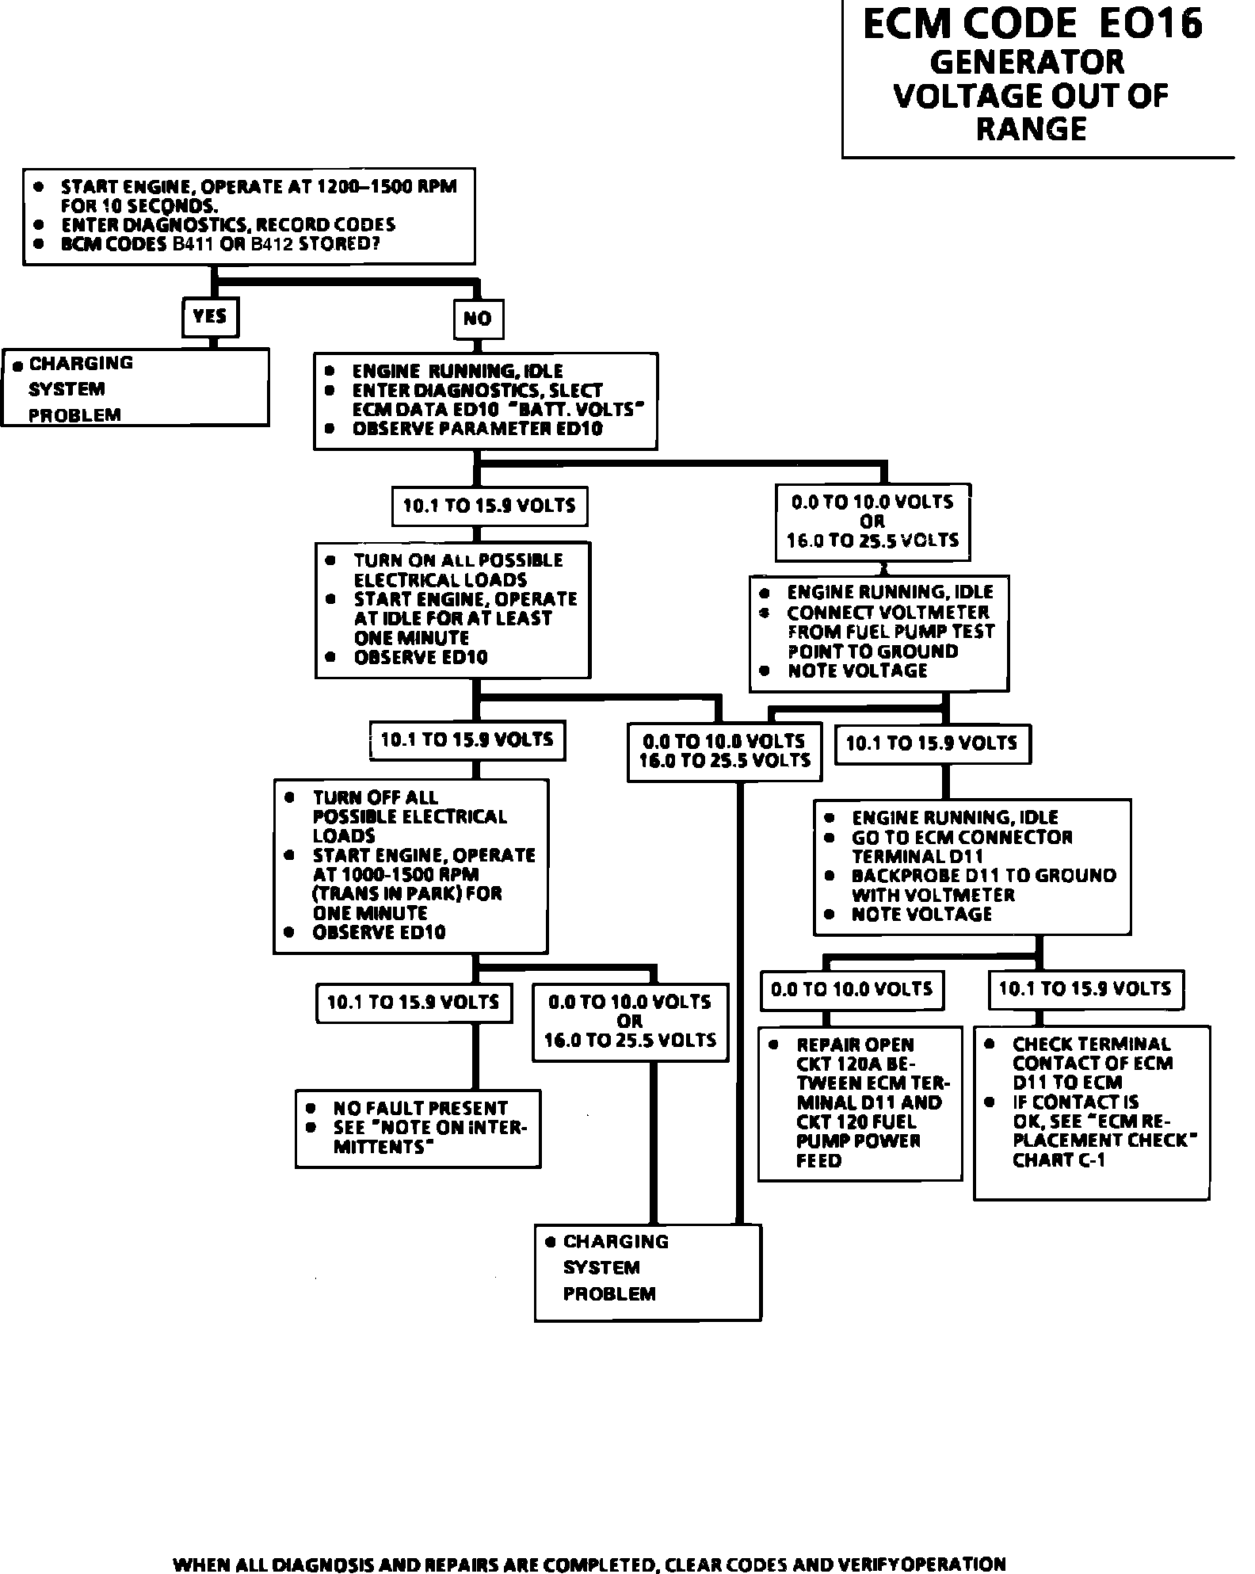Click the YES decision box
[x=210, y=317]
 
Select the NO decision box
[x=478, y=319]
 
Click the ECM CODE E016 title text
[x=1032, y=24]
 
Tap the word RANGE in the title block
[x=1031, y=129]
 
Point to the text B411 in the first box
[x=192, y=243]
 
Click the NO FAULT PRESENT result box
[x=418, y=1129]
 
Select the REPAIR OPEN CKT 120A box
[x=860, y=1103]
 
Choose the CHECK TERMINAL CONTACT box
[x=1092, y=1111]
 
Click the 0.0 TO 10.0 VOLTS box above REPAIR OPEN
[x=852, y=989]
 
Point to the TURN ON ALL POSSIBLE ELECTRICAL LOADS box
[x=452, y=609]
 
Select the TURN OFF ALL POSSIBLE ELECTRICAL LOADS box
[x=410, y=865]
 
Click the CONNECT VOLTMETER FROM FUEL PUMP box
[x=879, y=632]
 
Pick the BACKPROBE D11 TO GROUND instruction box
[x=972, y=866]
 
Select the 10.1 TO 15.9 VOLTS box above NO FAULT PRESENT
[x=413, y=1003]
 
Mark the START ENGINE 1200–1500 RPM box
[x=249, y=215]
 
